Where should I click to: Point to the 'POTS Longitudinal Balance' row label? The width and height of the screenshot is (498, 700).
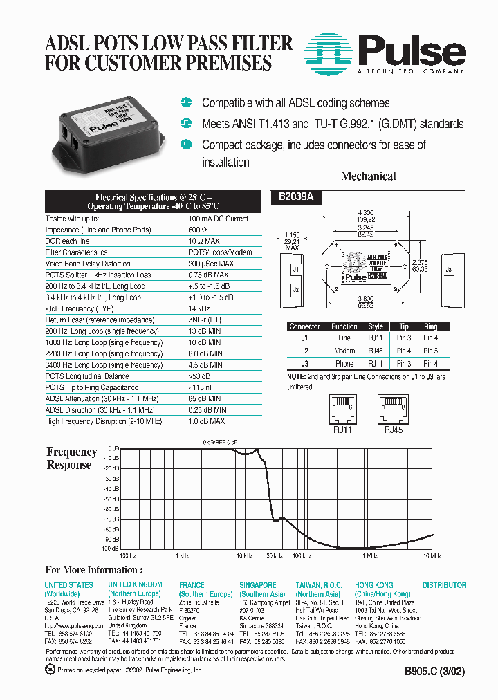86,376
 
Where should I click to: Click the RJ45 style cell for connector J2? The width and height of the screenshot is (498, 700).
376,351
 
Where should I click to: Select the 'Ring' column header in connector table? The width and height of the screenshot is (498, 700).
430,326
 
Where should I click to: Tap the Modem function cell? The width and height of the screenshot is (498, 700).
344,351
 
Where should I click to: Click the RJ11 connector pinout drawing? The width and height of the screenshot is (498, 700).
342,409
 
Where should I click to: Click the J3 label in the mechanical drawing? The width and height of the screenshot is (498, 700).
449,269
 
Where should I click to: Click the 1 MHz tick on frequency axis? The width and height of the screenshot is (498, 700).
370,555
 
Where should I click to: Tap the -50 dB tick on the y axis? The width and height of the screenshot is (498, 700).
111,498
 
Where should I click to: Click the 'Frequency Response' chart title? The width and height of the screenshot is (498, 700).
71,458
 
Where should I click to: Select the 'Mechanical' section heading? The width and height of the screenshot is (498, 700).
368,176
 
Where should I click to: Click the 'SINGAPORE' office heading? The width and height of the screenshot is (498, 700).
258,585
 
